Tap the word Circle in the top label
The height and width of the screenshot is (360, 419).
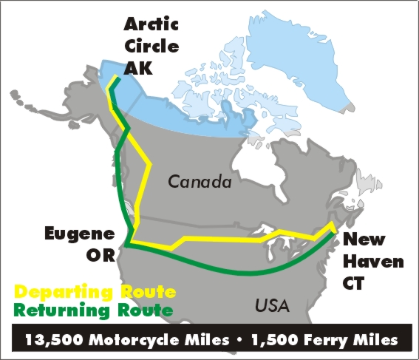(150, 47)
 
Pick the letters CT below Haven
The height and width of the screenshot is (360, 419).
(361, 282)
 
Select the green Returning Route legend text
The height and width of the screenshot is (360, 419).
(94, 309)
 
